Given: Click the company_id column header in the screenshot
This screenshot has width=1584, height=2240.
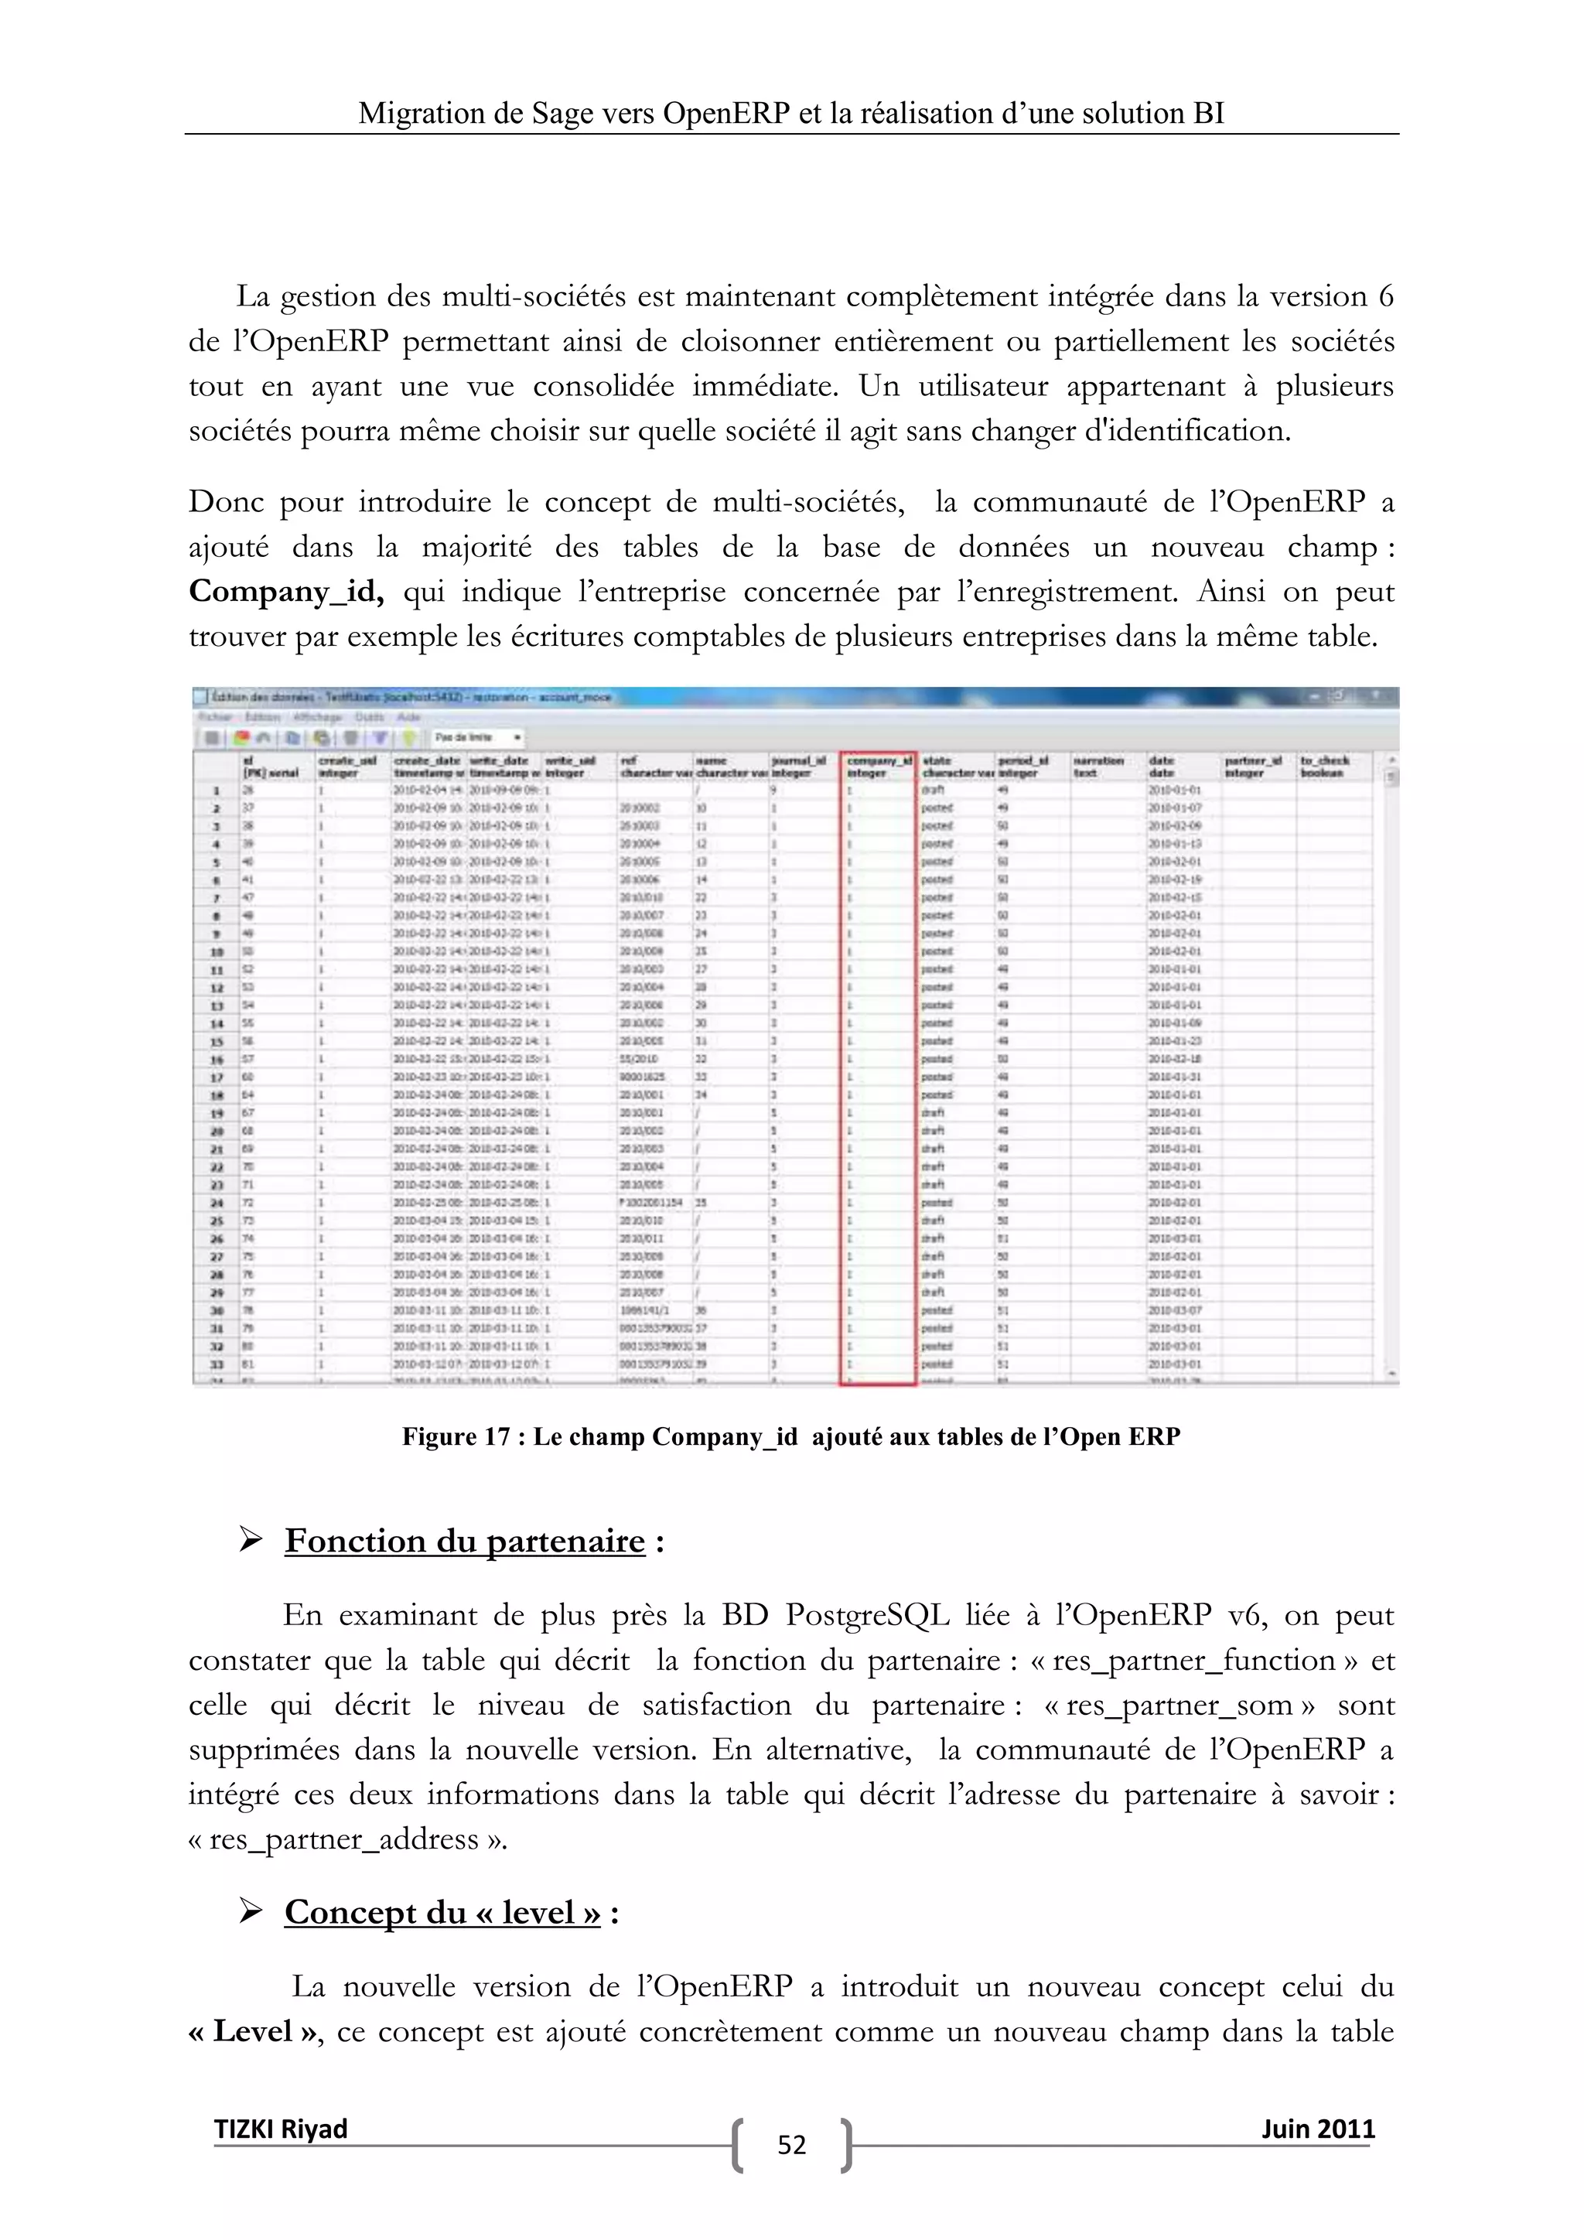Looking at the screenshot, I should pos(878,765).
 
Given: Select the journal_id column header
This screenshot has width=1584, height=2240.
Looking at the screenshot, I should pos(799,765).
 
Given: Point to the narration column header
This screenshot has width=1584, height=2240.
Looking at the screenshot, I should pos(1098,765).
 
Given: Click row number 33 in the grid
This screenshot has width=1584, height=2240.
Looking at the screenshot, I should pos(217,1364).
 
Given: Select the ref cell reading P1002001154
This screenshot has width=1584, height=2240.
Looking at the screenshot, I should pos(650,1203).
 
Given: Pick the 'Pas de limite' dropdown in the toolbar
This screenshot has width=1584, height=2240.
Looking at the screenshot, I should pos(479,738).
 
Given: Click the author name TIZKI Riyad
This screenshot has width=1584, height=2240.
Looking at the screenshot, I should pos(281,2128).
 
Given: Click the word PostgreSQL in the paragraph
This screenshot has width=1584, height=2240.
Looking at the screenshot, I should pos(867,1616).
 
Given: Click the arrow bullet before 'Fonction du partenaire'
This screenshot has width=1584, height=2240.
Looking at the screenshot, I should pos(251,1542).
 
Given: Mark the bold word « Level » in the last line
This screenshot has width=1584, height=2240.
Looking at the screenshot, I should pos(254,2031).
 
